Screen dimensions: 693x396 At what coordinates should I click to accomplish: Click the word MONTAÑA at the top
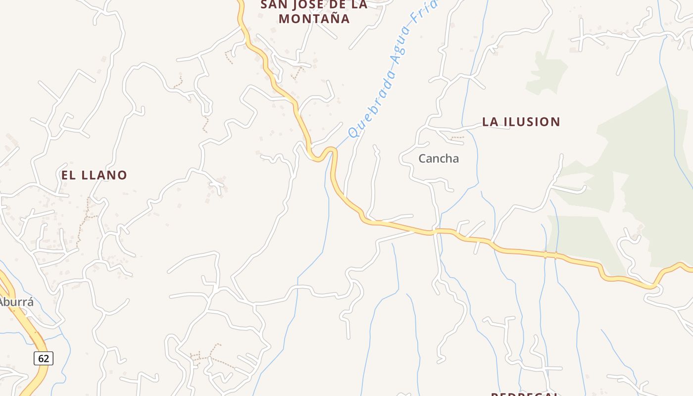(x=314, y=19)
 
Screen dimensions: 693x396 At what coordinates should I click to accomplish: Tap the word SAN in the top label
(x=274, y=4)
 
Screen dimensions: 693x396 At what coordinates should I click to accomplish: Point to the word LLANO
(x=104, y=175)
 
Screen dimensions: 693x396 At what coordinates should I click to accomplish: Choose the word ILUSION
(x=532, y=122)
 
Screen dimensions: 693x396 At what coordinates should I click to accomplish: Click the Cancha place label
(x=439, y=158)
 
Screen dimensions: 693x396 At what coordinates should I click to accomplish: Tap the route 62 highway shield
(x=44, y=358)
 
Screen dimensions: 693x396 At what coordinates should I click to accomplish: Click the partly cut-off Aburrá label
(x=16, y=301)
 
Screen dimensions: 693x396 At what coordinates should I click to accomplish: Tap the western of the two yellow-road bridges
(x=545, y=254)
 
